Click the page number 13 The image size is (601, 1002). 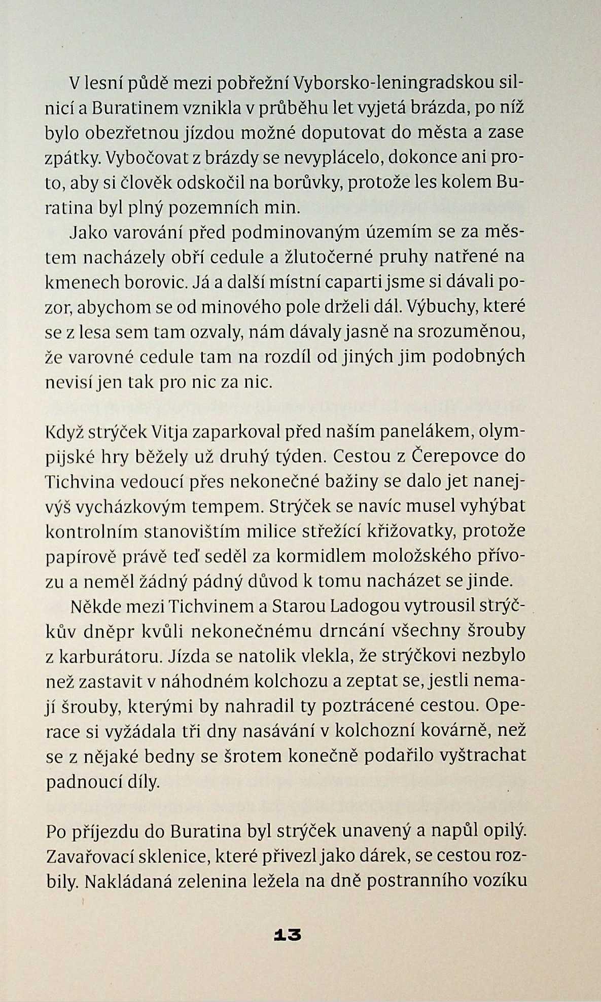coord(287,935)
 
